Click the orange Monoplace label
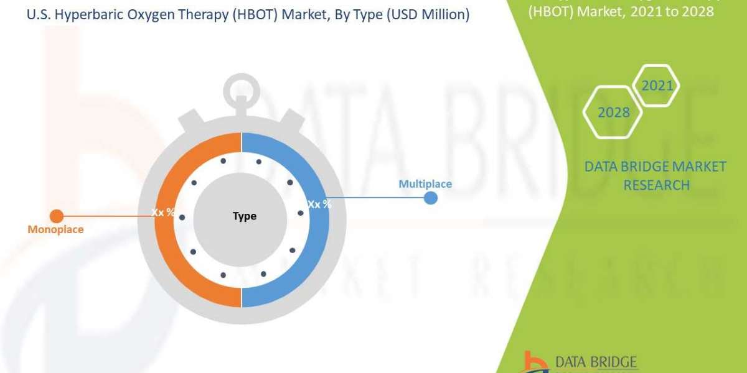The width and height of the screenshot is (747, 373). pos(55,229)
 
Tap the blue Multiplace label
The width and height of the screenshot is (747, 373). pos(425,184)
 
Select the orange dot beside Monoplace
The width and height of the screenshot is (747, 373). pos(56,216)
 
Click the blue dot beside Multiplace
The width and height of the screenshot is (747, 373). pos(430,198)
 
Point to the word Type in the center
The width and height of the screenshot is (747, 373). pos(244,216)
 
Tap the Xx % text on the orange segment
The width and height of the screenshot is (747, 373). pos(163,212)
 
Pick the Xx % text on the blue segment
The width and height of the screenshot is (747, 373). pos(319,204)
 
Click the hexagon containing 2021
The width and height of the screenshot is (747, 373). pos(657,85)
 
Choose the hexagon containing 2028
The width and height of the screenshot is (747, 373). pos(613,113)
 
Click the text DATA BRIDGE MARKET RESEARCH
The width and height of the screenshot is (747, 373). pos(655,175)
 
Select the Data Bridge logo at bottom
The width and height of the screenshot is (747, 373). pos(566,362)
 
